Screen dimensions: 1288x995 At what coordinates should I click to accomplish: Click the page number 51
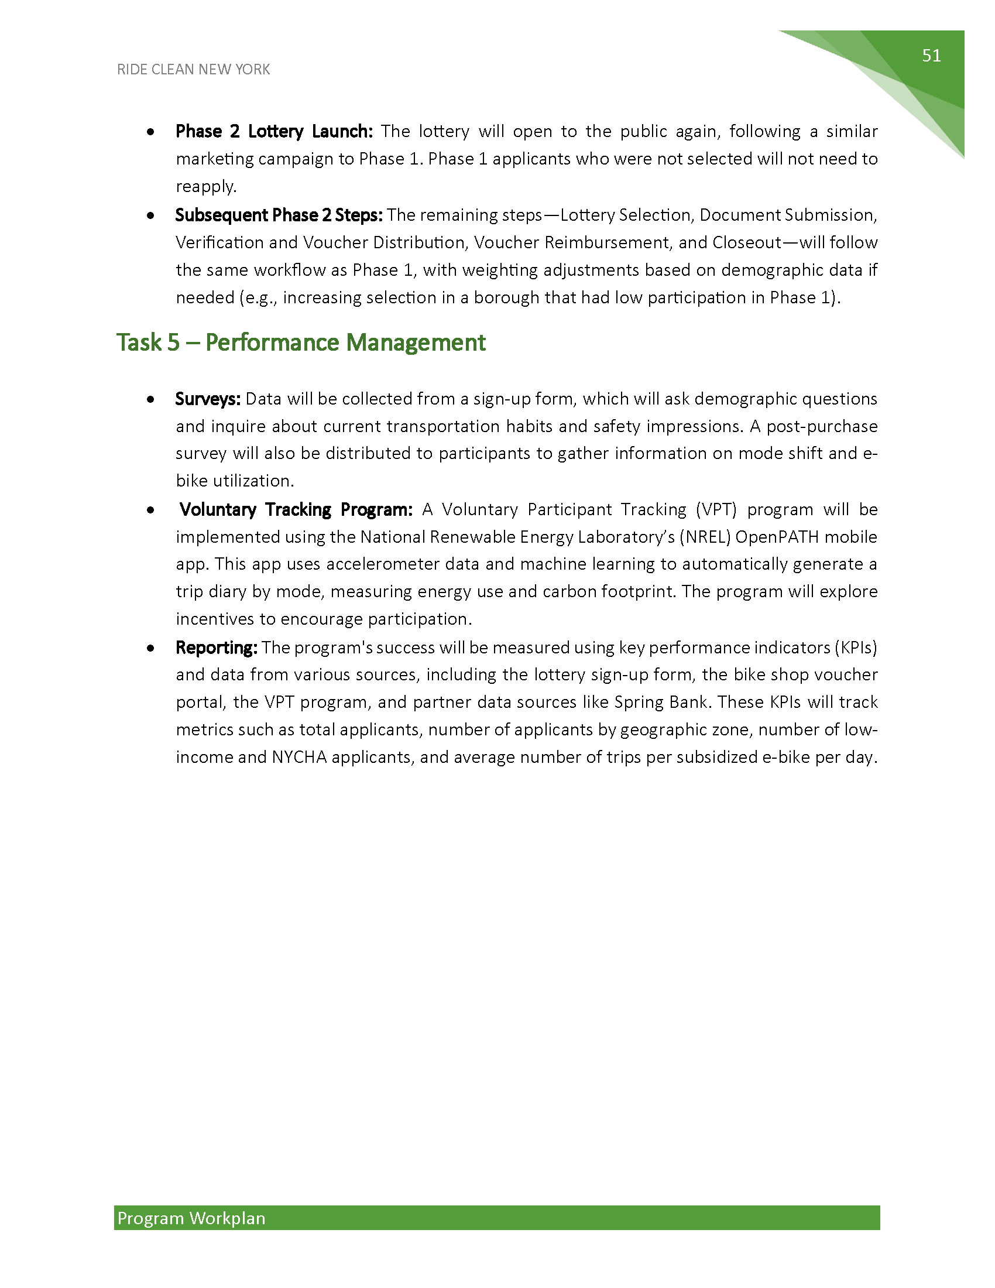pos(931,56)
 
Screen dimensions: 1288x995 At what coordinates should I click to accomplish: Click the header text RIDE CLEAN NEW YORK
pos(193,70)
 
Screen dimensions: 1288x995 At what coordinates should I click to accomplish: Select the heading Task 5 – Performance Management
pos(301,342)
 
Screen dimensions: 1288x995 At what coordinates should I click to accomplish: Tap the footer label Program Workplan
pos(191,1218)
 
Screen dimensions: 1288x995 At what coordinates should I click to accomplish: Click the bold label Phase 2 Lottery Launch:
pos(274,131)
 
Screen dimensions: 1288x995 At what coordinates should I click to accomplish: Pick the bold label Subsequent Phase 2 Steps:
pos(279,215)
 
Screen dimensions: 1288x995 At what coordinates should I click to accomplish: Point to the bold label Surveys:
pos(208,399)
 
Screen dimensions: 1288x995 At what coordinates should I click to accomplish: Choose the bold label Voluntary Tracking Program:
pos(296,509)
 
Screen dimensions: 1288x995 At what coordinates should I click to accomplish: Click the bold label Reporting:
pos(217,647)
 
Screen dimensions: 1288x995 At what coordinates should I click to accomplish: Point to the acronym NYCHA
pos(299,756)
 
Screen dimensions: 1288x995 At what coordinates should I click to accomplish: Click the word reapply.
pos(205,186)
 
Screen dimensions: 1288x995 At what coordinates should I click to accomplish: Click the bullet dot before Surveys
pos(152,399)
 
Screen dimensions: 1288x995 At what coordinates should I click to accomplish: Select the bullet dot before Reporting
pos(152,648)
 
